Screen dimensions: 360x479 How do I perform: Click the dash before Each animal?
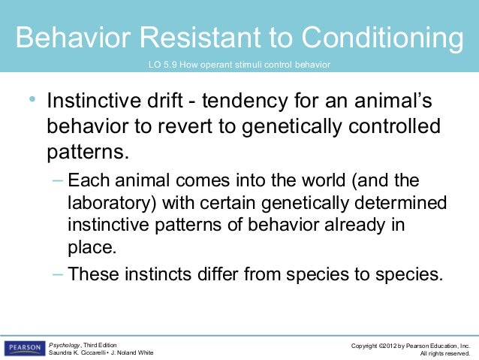59,182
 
